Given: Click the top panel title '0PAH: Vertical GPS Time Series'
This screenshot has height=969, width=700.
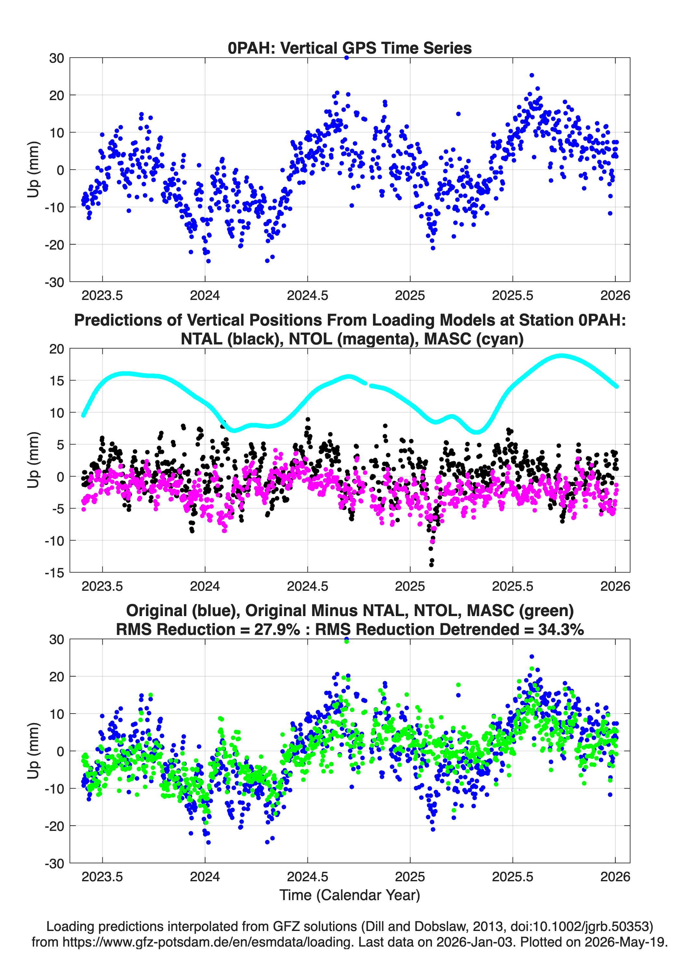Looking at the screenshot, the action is pyautogui.click(x=350, y=48).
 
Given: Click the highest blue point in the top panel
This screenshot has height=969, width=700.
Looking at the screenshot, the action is pyautogui.click(x=346, y=58).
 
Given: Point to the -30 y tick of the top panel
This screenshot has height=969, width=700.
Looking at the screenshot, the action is pyautogui.click(x=55, y=282).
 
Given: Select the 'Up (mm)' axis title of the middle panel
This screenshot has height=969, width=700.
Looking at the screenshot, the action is pyautogui.click(x=33, y=460).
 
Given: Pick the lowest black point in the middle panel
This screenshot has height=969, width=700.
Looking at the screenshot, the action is pyautogui.click(x=431, y=565).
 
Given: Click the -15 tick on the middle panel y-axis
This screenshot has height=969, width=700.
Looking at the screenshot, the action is pyautogui.click(x=55, y=573).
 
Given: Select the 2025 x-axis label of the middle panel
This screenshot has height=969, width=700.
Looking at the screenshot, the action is pyautogui.click(x=410, y=586).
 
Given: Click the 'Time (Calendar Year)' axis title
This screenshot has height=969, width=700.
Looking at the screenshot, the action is pyautogui.click(x=350, y=895).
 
